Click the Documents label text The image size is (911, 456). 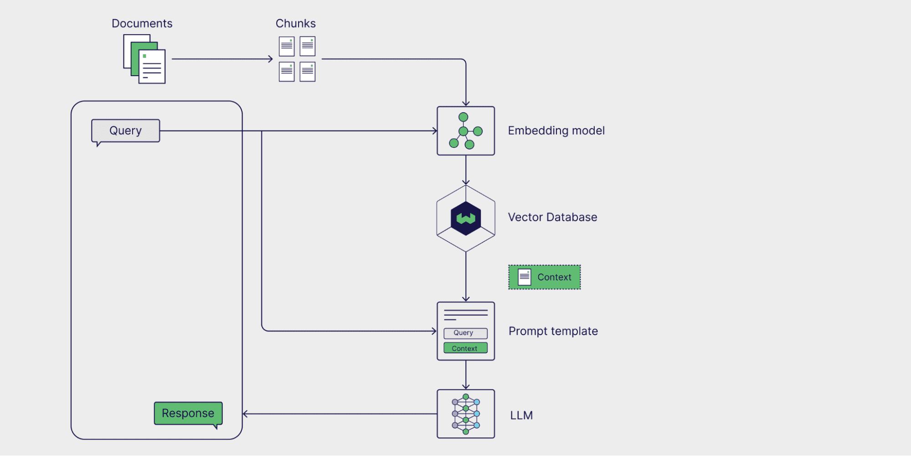[x=142, y=23]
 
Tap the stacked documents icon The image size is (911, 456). [x=144, y=59]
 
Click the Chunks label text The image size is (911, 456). [x=295, y=23]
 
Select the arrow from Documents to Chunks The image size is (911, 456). [x=222, y=59]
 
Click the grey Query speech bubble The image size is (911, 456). [x=125, y=131]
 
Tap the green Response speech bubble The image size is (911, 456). [x=188, y=413]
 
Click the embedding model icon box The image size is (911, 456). [x=465, y=131]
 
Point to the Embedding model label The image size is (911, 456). [x=556, y=131]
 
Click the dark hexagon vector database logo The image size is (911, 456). [x=466, y=218]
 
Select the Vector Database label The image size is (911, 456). [x=552, y=218]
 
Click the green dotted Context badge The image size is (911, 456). [x=545, y=277]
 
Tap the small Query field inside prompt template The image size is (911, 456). [x=465, y=333]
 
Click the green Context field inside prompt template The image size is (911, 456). [x=465, y=348]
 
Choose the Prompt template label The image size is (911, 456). [x=553, y=332]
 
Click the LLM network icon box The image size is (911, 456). [x=465, y=414]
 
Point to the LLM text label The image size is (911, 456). [x=521, y=415]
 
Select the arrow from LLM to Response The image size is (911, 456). [x=340, y=414]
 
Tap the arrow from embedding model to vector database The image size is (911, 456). [x=466, y=170]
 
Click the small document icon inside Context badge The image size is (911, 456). [x=525, y=277]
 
